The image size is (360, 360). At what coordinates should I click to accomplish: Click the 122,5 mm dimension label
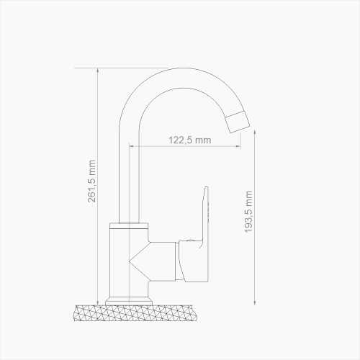point(189,141)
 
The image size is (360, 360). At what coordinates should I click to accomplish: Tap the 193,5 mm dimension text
point(248,212)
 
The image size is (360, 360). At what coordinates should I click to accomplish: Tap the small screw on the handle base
point(189,240)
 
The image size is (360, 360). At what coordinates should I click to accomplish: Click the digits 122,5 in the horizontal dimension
point(181,141)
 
